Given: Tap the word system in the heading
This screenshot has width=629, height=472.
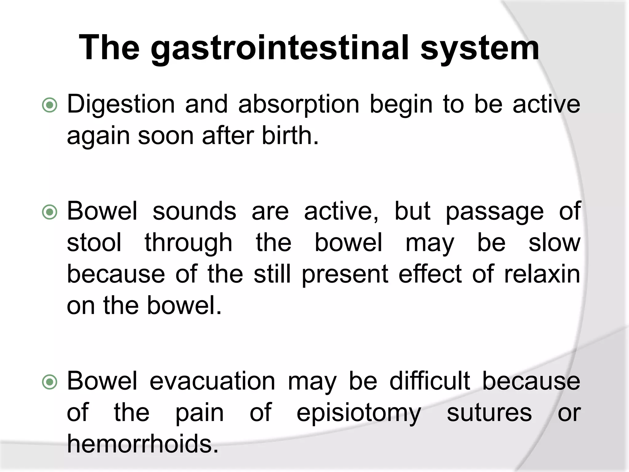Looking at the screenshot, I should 479,49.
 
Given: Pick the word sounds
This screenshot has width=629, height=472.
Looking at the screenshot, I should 194,211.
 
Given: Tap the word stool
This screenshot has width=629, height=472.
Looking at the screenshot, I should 94,243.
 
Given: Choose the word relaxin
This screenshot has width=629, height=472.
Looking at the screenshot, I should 542,274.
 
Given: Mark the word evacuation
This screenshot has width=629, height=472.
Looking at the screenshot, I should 212,381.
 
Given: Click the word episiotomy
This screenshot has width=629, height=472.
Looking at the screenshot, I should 359,413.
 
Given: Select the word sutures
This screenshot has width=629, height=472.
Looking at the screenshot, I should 489,413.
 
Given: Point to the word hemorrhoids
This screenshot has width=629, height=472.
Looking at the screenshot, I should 143,444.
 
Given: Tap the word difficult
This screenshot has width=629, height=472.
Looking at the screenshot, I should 430,381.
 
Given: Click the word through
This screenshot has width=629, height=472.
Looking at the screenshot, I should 189,243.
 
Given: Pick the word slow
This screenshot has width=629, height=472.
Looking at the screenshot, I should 554,243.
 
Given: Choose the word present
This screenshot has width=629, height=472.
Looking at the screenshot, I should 345,274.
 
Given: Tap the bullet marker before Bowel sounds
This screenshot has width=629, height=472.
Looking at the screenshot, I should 49,212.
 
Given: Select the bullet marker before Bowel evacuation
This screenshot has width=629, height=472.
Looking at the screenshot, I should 49,382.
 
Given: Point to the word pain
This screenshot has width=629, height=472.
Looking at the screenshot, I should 199,413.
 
